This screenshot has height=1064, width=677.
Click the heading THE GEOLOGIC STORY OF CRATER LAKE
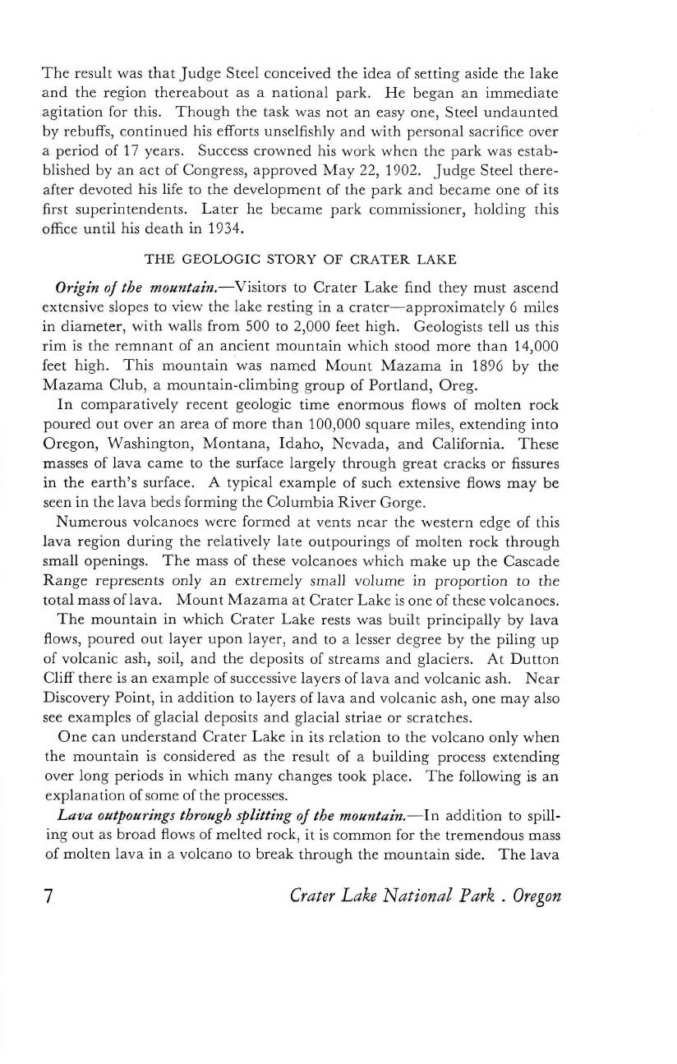(300, 260)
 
